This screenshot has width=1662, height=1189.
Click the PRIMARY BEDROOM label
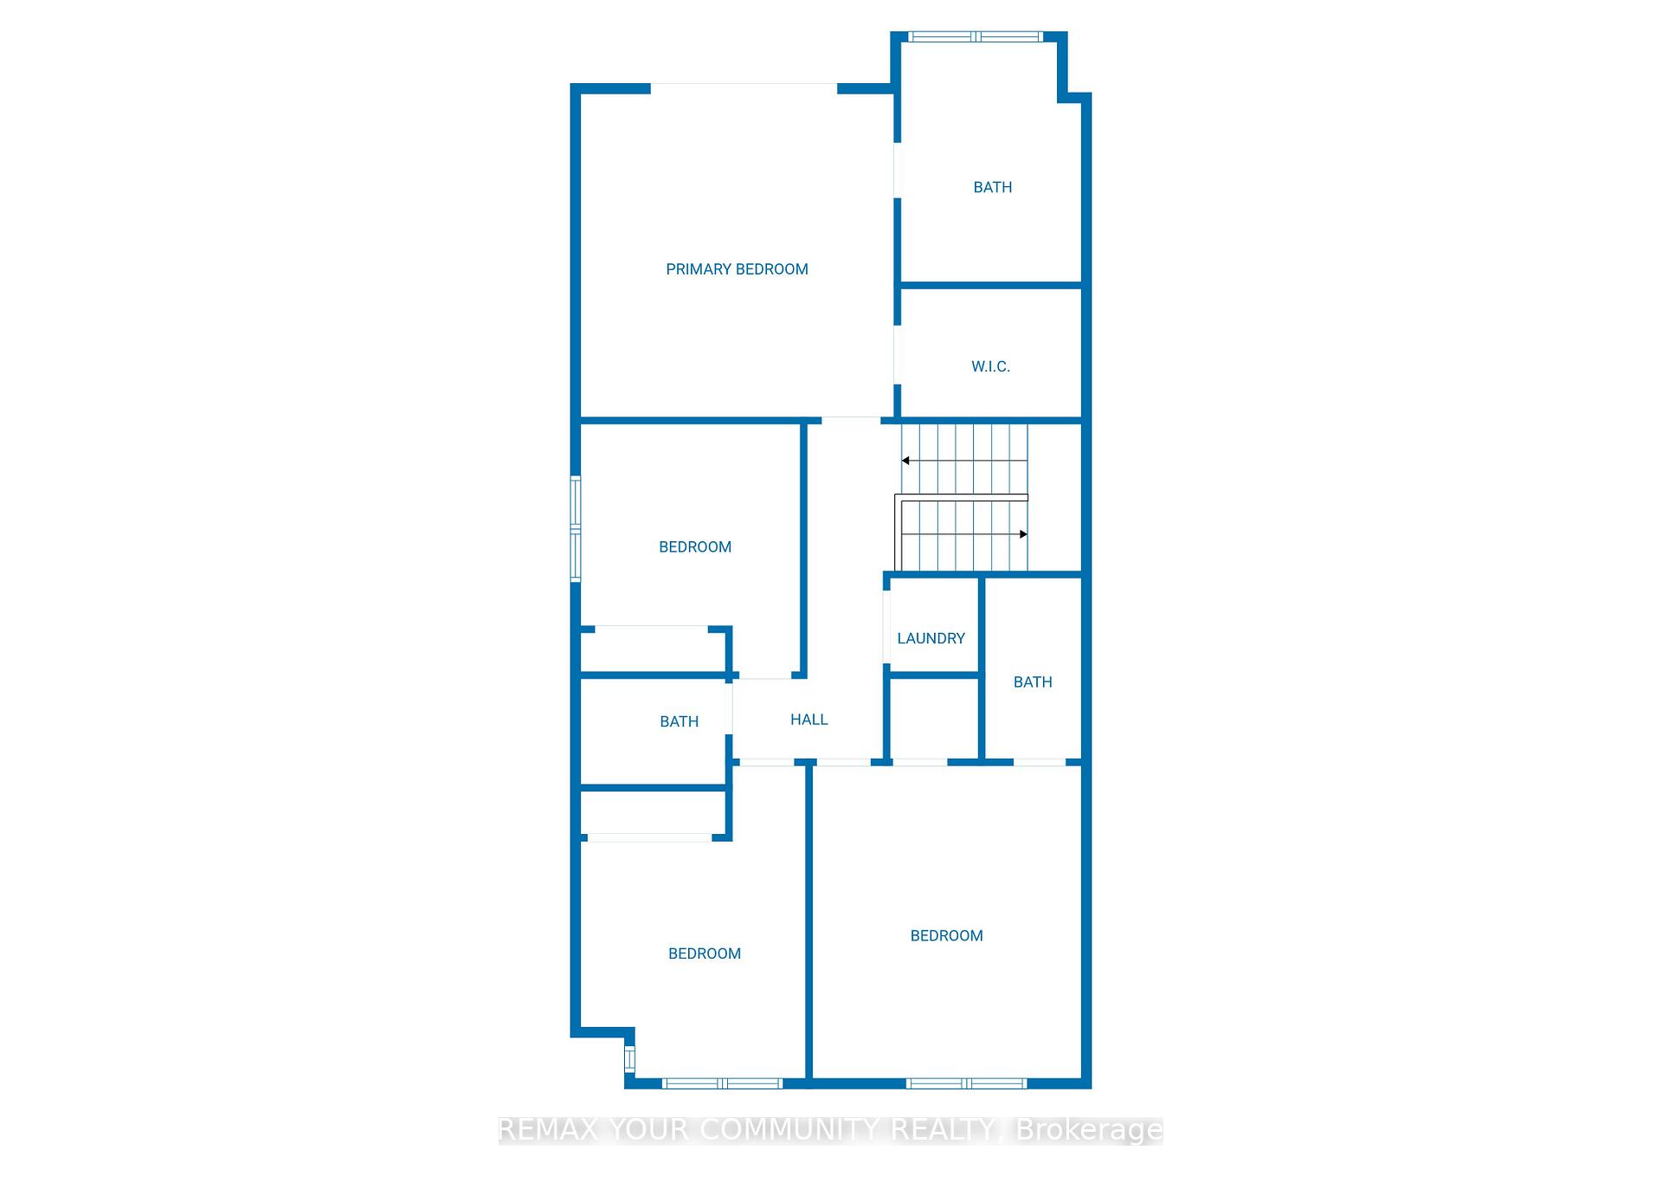click(x=737, y=269)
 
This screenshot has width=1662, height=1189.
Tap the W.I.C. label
click(x=990, y=367)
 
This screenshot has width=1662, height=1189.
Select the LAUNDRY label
click(x=931, y=638)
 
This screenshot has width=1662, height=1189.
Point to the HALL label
click(x=808, y=720)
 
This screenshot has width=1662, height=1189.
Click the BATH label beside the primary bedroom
click(x=992, y=187)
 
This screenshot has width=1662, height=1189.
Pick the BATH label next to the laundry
click(x=1033, y=682)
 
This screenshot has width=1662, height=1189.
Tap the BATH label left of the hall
click(x=679, y=721)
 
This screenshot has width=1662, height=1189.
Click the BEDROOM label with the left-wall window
click(x=695, y=547)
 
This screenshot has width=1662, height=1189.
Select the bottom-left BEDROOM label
click(x=704, y=953)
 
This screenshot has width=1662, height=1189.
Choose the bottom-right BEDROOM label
click(x=946, y=935)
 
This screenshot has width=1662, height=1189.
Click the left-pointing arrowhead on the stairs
click(x=905, y=461)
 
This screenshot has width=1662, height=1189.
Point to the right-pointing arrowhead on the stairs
click(x=1023, y=534)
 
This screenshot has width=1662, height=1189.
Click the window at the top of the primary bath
click(x=975, y=36)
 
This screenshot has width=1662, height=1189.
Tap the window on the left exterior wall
click(x=575, y=528)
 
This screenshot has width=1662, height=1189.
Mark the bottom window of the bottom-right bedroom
click(x=966, y=1083)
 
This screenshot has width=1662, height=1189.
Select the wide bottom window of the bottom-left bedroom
click(x=722, y=1083)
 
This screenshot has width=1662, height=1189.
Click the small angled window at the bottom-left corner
click(x=629, y=1058)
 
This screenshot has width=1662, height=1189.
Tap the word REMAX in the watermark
click(x=548, y=1129)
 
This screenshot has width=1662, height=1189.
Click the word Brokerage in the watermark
click(x=1089, y=1129)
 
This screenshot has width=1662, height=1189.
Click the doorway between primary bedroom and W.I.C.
click(x=898, y=354)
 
